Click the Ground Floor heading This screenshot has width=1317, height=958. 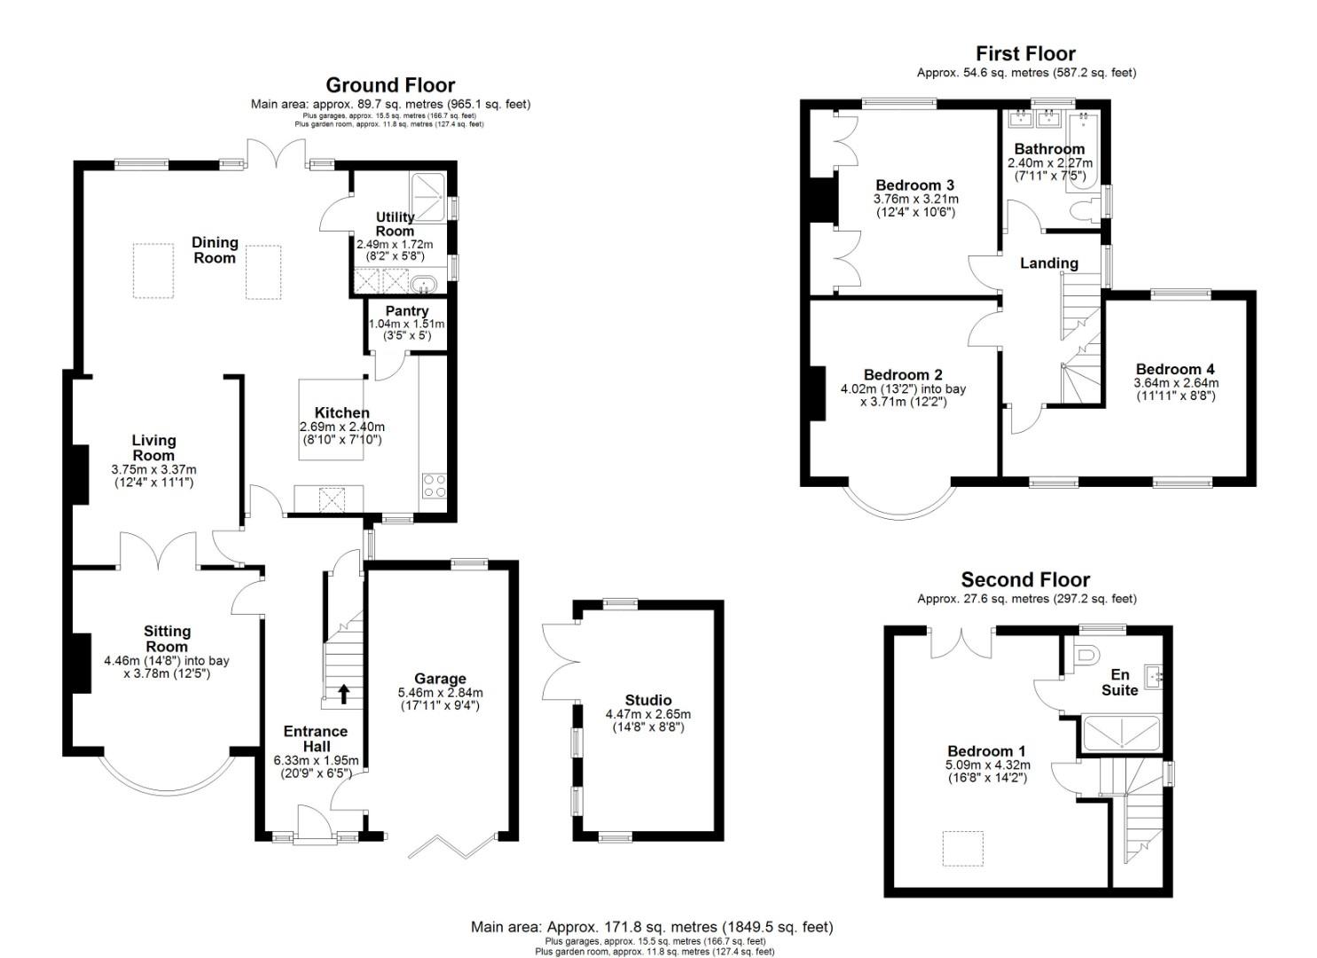click(390, 85)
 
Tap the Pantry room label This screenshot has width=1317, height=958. click(407, 311)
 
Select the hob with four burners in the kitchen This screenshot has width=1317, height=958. click(434, 486)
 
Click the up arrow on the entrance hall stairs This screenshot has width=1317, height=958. click(343, 694)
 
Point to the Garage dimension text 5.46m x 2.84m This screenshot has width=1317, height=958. click(441, 694)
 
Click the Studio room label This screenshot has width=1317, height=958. click(648, 701)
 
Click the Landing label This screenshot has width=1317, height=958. click(1049, 263)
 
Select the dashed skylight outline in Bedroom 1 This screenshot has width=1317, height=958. click(963, 848)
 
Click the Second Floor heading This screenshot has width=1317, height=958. click(1025, 580)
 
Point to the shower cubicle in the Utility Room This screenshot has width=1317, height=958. click(428, 197)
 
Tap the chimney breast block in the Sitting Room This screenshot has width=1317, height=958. click(81, 663)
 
